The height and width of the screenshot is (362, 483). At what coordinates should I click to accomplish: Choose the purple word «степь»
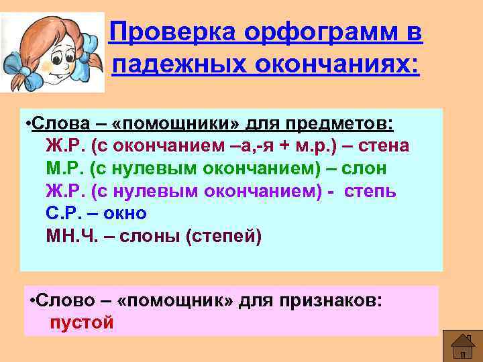[x=370, y=192]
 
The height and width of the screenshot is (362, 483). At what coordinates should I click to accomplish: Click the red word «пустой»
[x=82, y=322]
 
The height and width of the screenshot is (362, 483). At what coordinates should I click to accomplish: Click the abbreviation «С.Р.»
[x=65, y=214]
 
